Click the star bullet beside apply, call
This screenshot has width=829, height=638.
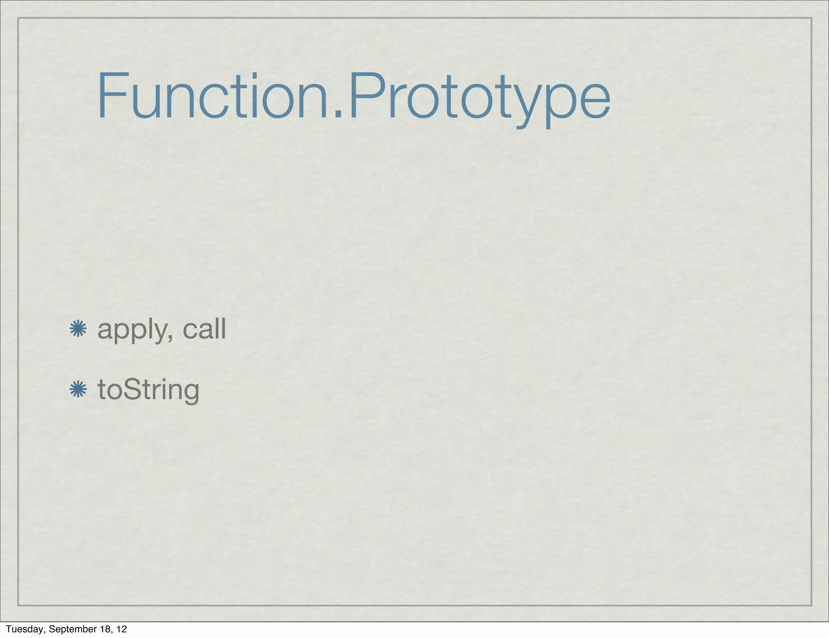78,329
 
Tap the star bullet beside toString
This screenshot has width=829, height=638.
78,389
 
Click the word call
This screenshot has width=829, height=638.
204,329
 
